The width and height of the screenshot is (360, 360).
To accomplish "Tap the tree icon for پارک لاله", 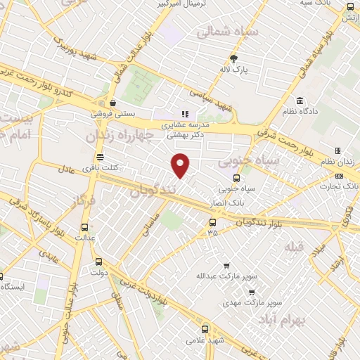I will point(235,59).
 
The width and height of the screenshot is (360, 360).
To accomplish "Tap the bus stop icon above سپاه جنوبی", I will point(236,178).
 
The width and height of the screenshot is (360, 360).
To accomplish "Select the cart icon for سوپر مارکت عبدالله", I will point(226,266).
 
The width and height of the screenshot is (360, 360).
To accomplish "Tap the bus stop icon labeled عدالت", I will point(85,227).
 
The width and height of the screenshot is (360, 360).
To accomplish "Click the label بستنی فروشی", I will point(112,112).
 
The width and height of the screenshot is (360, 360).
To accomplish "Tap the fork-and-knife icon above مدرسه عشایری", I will point(185,114).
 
